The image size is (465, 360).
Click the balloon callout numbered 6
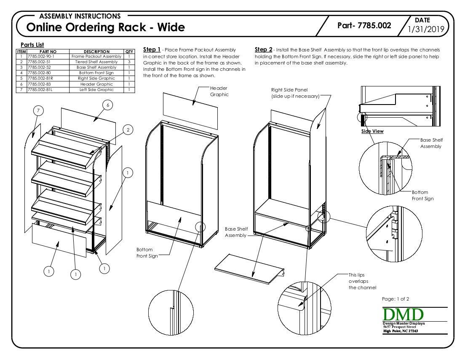108,105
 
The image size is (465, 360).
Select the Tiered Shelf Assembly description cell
96,62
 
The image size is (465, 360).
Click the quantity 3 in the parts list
129,62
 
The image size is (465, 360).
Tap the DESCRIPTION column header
96,51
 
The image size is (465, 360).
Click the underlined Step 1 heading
152,50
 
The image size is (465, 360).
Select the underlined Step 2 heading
264,50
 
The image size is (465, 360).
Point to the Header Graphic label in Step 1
219,91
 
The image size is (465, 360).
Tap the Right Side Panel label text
295,93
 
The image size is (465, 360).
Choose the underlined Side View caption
372,131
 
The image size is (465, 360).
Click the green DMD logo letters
403,314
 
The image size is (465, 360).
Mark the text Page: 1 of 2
395,299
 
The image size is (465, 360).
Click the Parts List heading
32,45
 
